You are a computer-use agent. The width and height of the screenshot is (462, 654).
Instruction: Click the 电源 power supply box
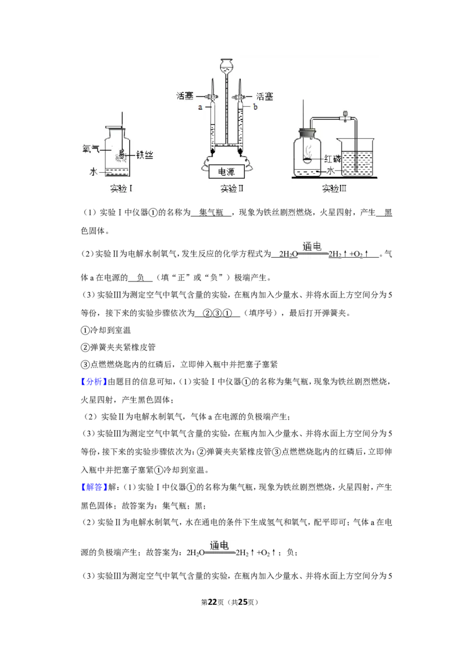pos(226,172)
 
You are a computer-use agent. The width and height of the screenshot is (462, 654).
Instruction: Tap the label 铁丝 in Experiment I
pos(145,155)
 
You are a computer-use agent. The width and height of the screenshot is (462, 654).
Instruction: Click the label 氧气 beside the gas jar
pos(91,148)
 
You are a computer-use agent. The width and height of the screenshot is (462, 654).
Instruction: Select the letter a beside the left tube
pos(200,107)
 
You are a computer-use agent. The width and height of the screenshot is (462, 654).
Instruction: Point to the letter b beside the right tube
pos(255,107)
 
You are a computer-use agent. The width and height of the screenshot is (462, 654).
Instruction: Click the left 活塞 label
pos(185,96)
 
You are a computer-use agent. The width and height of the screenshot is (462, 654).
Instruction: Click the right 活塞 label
pos(264,96)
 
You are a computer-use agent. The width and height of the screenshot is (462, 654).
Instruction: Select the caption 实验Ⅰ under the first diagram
pos(121,188)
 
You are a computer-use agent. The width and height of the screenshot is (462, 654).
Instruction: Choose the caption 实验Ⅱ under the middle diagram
pos(232,188)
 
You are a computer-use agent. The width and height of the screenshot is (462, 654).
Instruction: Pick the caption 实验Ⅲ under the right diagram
pos(334,188)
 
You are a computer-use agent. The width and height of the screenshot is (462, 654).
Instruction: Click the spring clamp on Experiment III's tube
pos(345,116)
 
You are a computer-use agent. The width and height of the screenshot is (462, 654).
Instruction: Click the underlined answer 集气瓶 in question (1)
pos(211,213)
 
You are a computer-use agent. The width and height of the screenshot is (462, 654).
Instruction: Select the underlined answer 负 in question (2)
pos(140,278)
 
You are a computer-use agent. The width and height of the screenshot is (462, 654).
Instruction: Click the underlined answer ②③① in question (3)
pos(217,313)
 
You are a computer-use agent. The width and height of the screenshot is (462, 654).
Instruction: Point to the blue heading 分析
pos(94,382)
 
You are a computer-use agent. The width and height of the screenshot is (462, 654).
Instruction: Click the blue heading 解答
pos(94,487)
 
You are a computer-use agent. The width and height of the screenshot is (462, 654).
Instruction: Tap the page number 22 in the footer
pos(213,602)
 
